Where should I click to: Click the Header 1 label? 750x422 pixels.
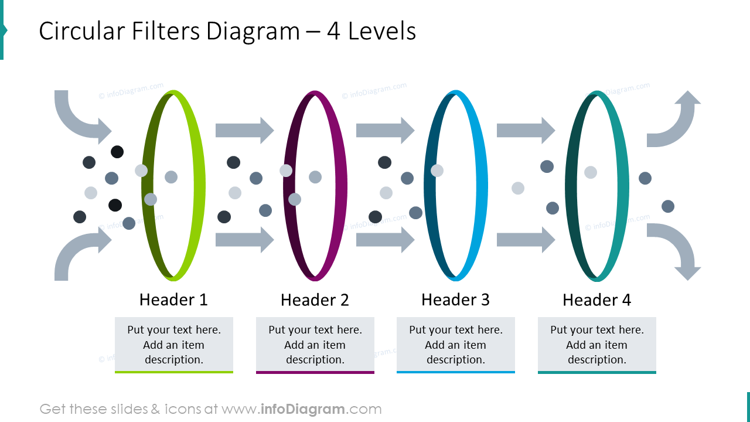coord(173,300)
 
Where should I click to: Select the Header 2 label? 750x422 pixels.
coord(315,300)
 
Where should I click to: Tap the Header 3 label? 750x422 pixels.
coord(455,300)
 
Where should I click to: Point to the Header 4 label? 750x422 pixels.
coord(596,300)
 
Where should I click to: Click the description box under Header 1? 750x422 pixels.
coord(174,345)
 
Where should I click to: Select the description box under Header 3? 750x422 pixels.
coord(456,345)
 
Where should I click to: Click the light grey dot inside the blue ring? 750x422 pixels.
coord(437,171)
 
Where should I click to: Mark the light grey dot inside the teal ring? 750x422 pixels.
coord(591,172)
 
